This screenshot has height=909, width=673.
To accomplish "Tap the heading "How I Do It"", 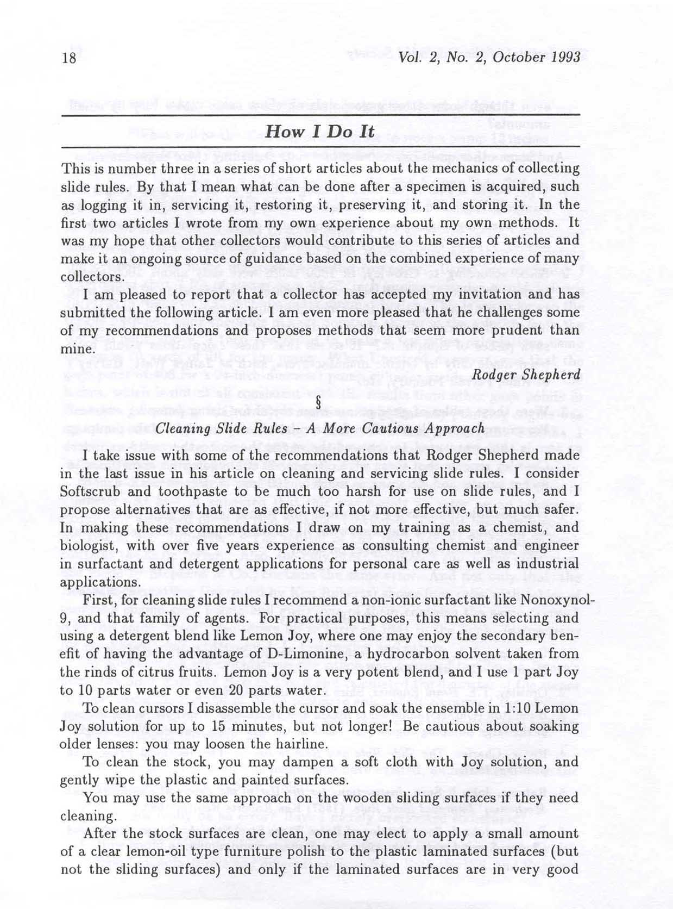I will coord(320,131).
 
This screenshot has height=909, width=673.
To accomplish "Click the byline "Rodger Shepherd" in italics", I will coord(526,375).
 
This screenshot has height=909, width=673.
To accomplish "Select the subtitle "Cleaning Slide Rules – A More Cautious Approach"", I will coord(320,428).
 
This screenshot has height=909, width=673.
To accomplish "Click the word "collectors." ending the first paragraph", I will coord(91,276).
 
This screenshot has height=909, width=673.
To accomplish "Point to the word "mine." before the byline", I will coord(77,348).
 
